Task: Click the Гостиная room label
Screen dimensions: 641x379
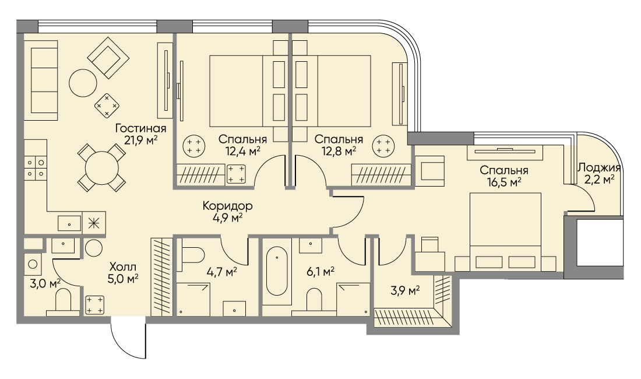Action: click(140, 128)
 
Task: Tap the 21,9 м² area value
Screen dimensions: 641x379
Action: click(140, 141)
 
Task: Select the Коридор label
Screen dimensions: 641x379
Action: click(227, 206)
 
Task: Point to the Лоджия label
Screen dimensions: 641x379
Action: click(599, 167)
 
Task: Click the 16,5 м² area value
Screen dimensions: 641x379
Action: click(504, 181)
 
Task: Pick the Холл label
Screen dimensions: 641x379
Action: click(123, 268)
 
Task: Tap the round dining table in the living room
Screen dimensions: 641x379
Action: click(101, 167)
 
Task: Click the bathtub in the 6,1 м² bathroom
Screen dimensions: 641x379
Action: click(277, 271)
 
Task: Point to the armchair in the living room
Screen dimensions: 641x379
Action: click(108, 58)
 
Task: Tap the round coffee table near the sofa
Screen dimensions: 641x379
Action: click(83, 83)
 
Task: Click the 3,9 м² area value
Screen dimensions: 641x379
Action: click(406, 291)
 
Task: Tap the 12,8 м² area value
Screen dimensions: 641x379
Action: click(339, 151)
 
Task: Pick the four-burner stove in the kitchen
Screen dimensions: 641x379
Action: click(35, 168)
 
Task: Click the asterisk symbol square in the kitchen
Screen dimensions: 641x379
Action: click(94, 223)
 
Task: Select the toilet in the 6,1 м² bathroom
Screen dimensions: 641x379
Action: click(314, 300)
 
